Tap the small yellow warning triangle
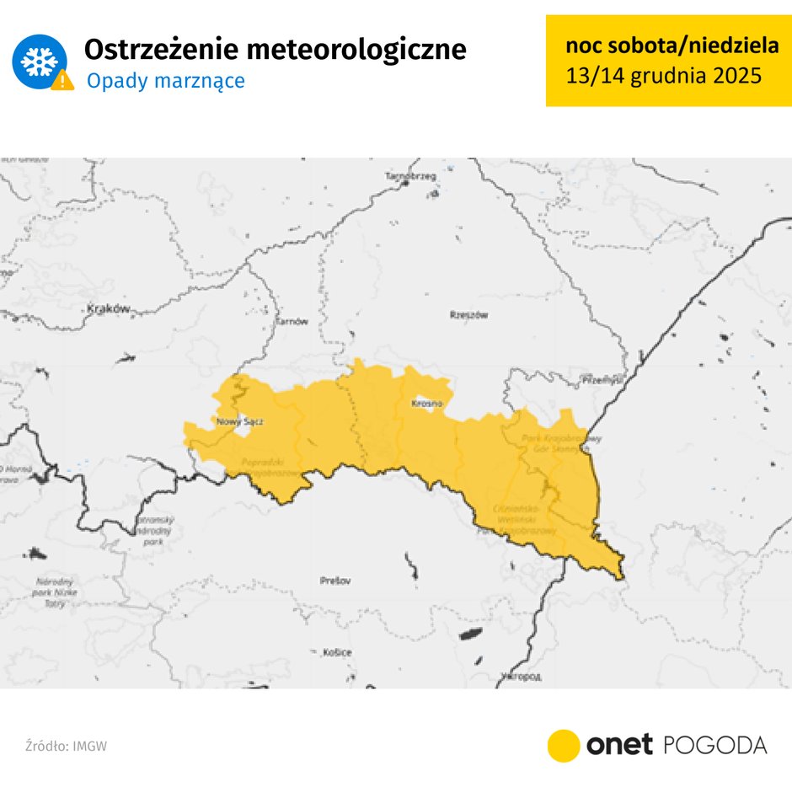tap(62, 81)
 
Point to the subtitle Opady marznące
tap(166, 81)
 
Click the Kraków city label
tap(109, 309)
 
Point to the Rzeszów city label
tap(469, 314)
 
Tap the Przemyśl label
tap(602, 382)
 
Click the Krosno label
tap(426, 404)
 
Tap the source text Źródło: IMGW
tap(66, 747)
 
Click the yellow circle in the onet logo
tap(564, 746)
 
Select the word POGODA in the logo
tap(715, 746)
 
